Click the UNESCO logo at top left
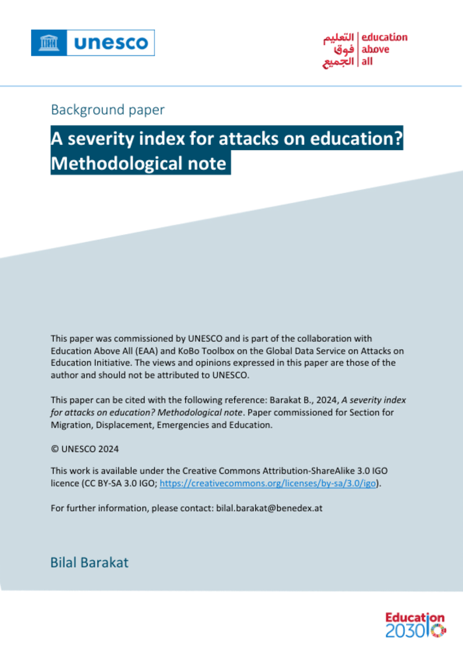pos(93,43)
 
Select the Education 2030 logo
pos(415,625)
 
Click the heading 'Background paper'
pos(108,110)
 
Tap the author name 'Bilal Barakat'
pos(89,563)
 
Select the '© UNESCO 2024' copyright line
pos(85,449)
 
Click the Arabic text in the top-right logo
pos(339,50)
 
